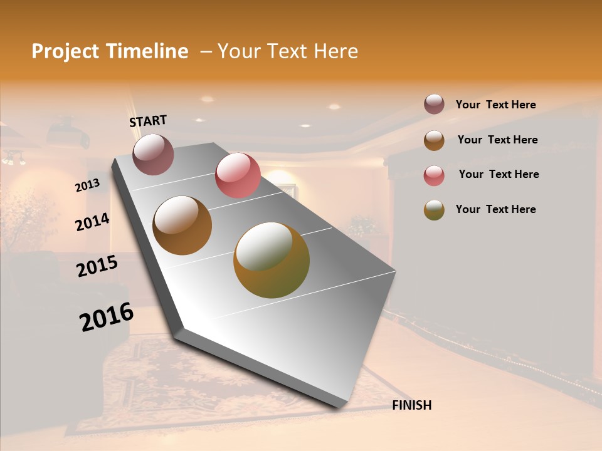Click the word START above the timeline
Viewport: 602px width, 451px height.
(x=148, y=120)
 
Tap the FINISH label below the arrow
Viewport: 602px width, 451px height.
(x=411, y=405)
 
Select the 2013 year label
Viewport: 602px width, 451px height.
(x=87, y=185)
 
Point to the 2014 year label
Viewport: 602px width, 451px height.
(x=92, y=222)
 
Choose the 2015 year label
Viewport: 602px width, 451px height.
(x=97, y=266)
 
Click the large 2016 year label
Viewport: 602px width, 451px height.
(x=107, y=317)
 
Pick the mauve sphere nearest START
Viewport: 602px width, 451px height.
(x=153, y=154)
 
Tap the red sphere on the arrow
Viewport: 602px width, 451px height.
(x=238, y=175)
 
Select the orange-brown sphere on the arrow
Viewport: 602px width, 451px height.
(x=182, y=225)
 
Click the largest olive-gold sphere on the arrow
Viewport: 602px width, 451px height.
(x=271, y=260)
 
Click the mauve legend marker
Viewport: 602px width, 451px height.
(x=434, y=105)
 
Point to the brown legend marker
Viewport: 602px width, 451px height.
(x=434, y=140)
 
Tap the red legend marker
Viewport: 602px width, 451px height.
(x=434, y=175)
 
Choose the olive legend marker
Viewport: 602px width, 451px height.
(x=434, y=210)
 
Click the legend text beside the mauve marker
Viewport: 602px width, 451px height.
(x=495, y=105)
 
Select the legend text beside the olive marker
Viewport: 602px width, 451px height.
(x=495, y=209)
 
